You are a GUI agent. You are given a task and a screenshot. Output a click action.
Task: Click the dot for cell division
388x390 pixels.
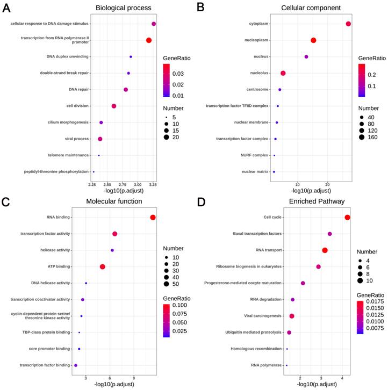114,106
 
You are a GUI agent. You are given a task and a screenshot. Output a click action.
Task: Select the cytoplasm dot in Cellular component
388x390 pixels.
348,24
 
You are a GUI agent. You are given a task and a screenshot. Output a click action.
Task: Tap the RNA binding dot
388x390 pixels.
153,218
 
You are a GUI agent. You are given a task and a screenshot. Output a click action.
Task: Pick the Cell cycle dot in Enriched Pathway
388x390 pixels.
348,217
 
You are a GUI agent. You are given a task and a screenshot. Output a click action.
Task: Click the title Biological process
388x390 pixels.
123,8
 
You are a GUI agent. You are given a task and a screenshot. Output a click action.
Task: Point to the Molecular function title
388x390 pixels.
114,201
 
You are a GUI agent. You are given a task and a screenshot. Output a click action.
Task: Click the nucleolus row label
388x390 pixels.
259,73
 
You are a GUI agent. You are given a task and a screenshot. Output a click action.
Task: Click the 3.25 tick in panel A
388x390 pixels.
153,184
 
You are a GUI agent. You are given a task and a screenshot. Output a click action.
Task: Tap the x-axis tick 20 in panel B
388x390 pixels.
328,184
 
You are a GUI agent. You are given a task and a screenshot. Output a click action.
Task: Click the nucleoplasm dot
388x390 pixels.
313,40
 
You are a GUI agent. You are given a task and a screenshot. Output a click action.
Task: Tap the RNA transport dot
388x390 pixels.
325,250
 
